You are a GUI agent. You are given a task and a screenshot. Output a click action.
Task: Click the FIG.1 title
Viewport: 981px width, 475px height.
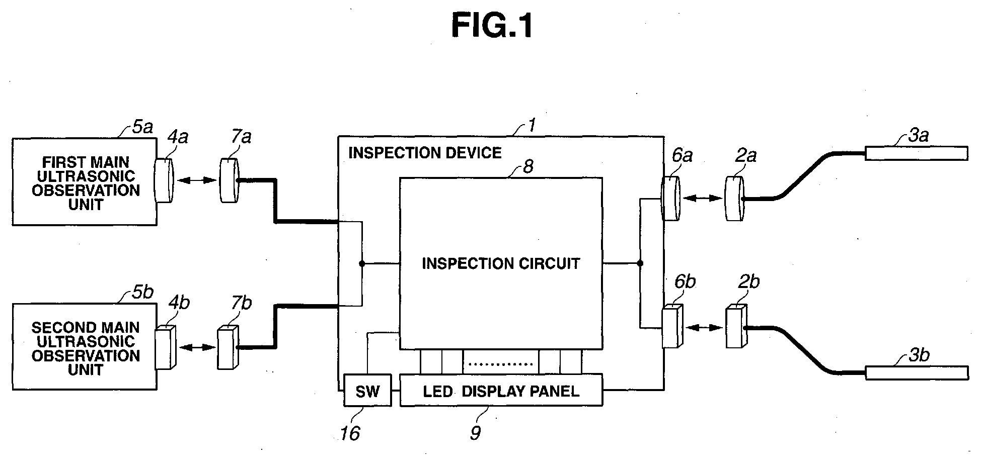[x=492, y=26]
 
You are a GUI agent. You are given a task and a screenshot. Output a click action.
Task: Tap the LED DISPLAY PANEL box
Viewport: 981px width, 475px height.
[x=501, y=390]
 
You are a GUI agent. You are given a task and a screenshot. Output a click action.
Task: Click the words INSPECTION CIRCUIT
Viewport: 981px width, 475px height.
[x=501, y=263]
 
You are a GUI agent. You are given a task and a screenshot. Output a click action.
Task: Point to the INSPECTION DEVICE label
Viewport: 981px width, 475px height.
[x=425, y=153]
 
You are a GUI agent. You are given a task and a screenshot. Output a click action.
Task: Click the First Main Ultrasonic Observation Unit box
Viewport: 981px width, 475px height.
[x=85, y=181]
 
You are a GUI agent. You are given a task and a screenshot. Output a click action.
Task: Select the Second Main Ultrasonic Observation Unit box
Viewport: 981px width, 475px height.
[x=85, y=346]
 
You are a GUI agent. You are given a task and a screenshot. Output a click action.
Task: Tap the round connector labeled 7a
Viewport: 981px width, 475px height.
[x=229, y=180]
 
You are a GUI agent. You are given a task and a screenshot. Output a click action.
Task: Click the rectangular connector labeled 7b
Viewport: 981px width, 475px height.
[x=228, y=348]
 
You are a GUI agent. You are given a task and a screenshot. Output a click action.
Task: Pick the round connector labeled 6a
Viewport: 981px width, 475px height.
[x=671, y=199]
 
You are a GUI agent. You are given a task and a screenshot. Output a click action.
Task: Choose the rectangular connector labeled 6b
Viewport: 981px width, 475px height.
[x=672, y=326]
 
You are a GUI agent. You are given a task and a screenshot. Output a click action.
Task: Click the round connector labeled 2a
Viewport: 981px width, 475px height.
[x=734, y=199]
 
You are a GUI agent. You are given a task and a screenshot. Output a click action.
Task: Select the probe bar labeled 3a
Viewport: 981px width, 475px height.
[x=916, y=153]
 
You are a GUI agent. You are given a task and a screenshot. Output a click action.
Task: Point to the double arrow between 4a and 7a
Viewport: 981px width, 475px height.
[x=196, y=180]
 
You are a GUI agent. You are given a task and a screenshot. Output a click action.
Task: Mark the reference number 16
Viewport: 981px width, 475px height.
[x=350, y=433]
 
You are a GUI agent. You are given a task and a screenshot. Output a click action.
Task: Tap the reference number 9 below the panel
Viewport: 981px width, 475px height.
[x=476, y=432]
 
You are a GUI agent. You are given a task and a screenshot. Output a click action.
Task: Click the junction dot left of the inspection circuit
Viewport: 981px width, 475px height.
[x=361, y=263]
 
